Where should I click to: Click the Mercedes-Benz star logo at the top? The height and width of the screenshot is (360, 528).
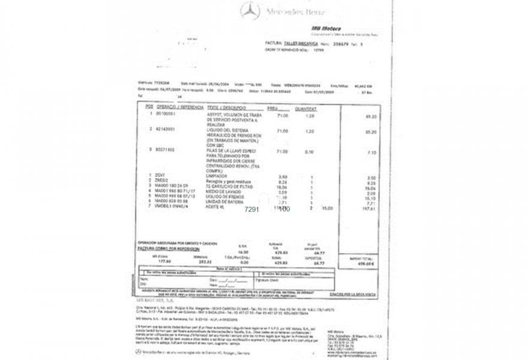(250, 11)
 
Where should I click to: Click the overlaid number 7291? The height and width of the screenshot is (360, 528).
(252, 209)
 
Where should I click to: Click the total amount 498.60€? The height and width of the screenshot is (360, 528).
(365, 264)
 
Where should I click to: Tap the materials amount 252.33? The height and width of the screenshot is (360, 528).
(205, 262)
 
